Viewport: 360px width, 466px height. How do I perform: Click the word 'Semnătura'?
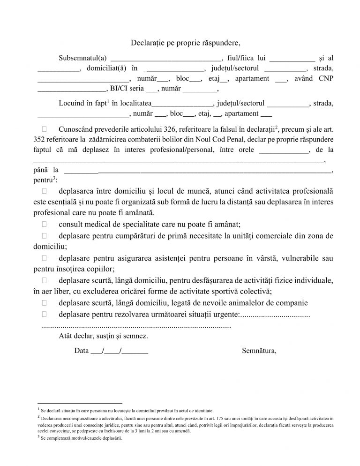coord(260,350)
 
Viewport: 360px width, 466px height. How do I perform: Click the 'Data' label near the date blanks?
coord(81,350)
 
